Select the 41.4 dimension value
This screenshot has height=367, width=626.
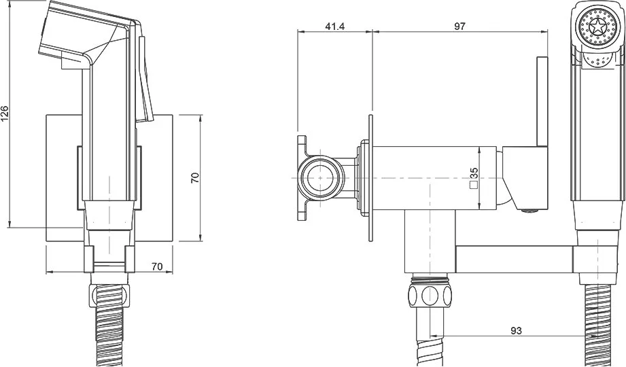pyautogui.click(x=335, y=27)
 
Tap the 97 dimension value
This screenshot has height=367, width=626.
pyautogui.click(x=459, y=27)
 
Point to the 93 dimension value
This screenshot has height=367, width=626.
pyautogui.click(x=516, y=331)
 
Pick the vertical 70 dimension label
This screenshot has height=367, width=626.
pyautogui.click(x=195, y=177)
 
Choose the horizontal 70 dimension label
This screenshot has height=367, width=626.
pyautogui.click(x=157, y=266)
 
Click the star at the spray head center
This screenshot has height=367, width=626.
pyautogui.click(x=597, y=29)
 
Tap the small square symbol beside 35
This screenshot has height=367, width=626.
pyautogui.click(x=474, y=184)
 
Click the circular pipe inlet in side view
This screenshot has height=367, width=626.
pyautogui.click(x=322, y=177)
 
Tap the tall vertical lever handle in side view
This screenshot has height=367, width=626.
pyautogui.click(x=542, y=101)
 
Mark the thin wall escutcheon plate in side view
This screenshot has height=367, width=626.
pyautogui.click(x=371, y=177)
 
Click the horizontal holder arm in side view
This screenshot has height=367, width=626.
pyautogui.click(x=515, y=259)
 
